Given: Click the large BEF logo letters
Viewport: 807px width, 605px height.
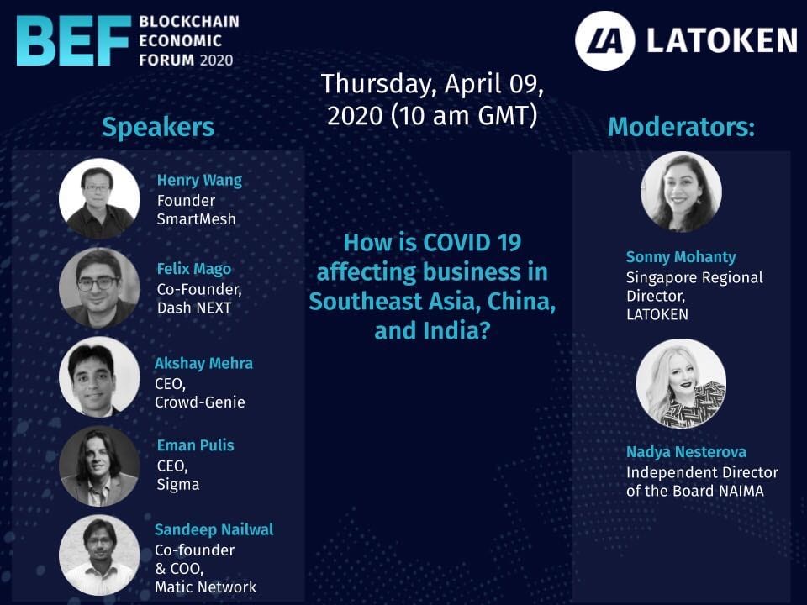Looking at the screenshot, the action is tap(74, 40).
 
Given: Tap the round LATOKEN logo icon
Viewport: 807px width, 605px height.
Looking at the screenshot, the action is tap(604, 40).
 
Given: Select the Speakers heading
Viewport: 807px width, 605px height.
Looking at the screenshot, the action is tap(158, 127).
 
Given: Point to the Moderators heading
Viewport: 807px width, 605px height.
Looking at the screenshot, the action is tap(681, 127).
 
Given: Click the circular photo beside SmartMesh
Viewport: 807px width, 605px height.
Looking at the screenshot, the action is tap(99, 198).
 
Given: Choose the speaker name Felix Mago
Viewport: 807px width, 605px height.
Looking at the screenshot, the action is tap(194, 269).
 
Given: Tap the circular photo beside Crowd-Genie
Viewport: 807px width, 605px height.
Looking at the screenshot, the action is tap(99, 376).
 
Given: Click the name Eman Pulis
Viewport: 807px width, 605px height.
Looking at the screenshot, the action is tap(196, 445).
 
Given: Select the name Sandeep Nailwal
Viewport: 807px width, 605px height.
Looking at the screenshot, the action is tap(214, 529).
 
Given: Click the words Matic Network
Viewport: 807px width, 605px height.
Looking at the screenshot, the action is tap(206, 587).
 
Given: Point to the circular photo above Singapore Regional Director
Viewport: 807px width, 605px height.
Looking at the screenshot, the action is tap(681, 192).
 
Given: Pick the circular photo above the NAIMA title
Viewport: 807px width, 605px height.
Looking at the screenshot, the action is tap(681, 383).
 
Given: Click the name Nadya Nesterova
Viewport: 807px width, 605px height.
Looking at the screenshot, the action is tap(686, 452).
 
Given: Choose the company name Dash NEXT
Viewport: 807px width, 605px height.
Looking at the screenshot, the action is tap(194, 308).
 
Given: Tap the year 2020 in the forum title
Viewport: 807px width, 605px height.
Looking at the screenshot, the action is tap(216, 60).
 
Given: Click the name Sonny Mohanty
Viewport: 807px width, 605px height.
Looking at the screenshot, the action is tap(681, 257).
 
